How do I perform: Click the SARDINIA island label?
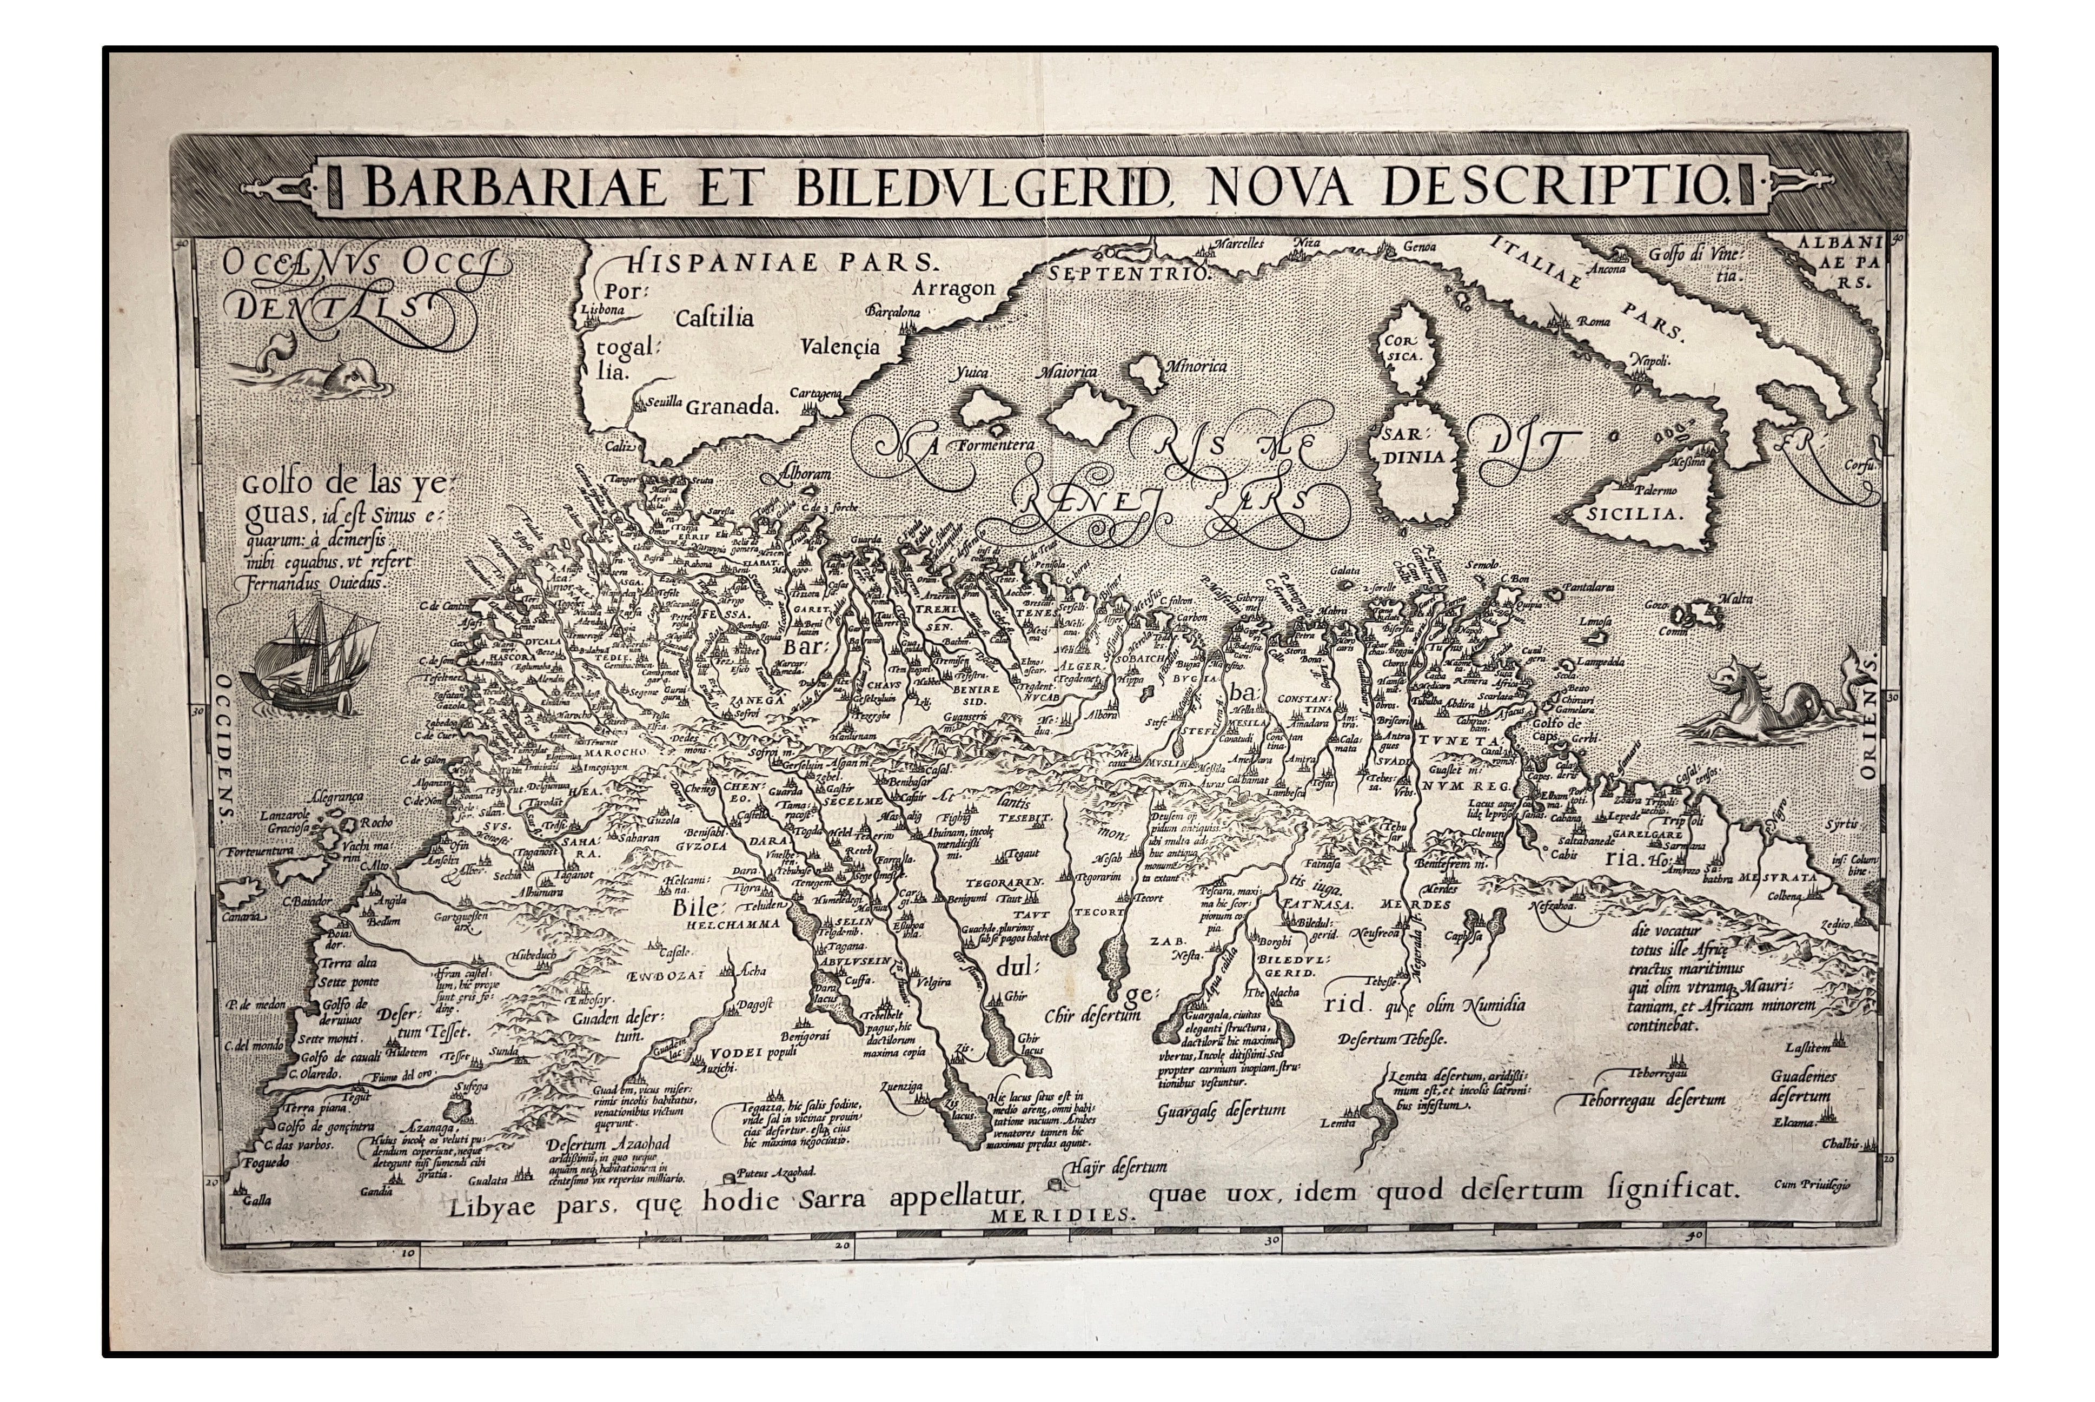(x=1414, y=445)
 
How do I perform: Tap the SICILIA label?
(x=1635, y=515)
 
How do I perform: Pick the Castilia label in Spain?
(x=714, y=318)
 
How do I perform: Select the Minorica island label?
(x=1195, y=367)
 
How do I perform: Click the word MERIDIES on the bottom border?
(x=1060, y=1215)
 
